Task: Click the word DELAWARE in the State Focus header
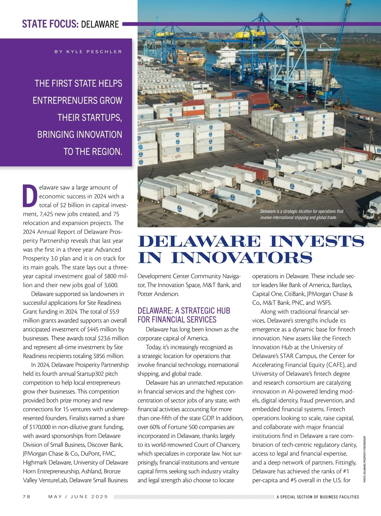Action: pyautogui.click(x=100, y=24)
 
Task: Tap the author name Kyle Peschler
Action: pyautogui.click(x=88, y=51)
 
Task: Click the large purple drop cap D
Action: pyautogui.click(x=30, y=195)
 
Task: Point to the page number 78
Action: pyautogui.click(x=27, y=496)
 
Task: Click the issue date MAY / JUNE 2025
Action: pyautogui.click(x=78, y=496)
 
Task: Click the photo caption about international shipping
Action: pyautogui.click(x=302, y=215)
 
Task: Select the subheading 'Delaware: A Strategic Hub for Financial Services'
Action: pyautogui.click(x=184, y=315)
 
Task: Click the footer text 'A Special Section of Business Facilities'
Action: pyautogui.click(x=317, y=497)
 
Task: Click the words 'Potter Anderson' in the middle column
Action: pyautogui.click(x=158, y=294)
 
